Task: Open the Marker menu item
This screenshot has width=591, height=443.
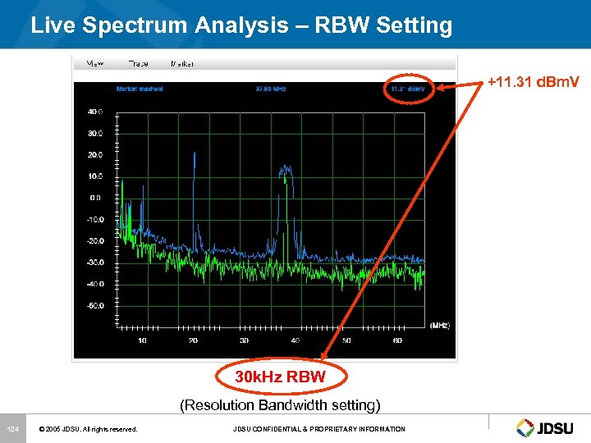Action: [182, 63]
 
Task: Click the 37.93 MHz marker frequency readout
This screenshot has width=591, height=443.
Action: [270, 89]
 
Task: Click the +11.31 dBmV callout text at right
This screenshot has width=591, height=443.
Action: [533, 82]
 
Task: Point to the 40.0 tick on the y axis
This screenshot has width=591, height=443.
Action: [95, 111]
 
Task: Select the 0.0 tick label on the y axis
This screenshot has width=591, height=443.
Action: [97, 197]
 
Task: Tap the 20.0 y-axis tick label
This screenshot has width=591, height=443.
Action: [95, 154]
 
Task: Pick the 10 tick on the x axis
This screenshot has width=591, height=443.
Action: [142, 340]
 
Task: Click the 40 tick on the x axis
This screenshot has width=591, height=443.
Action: [295, 340]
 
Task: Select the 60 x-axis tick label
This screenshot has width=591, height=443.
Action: [398, 340]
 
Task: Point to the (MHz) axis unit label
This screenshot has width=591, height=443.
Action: [439, 326]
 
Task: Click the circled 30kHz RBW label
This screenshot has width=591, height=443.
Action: [281, 377]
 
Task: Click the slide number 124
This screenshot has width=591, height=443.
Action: [12, 429]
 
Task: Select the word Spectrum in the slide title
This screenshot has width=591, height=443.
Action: [142, 25]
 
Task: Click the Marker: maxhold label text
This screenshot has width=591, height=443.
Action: [140, 89]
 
